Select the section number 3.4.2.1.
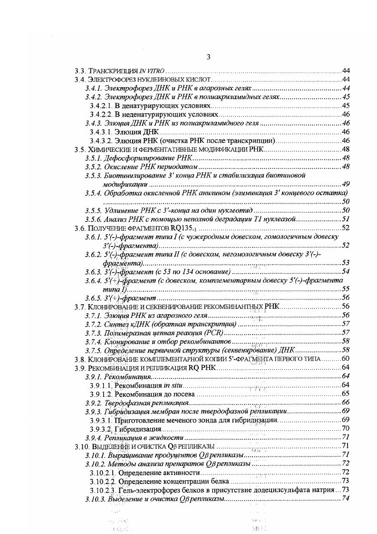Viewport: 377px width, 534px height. [x=101, y=106]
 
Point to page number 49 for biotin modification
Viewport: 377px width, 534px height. [x=346, y=184]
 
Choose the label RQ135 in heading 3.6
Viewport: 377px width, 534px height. [x=194, y=228]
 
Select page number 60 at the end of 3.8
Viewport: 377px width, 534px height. [x=346, y=358]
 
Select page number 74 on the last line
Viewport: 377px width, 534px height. [x=346, y=498]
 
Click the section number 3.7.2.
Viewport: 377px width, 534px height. [x=93, y=324]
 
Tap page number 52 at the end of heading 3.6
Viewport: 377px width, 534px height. [x=346, y=228]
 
